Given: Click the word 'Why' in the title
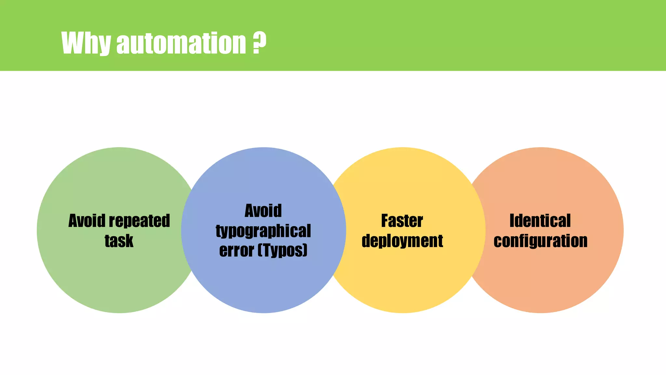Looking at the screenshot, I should (86, 43).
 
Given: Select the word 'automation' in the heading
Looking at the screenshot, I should (181, 43).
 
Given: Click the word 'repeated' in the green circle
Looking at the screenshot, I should (139, 221).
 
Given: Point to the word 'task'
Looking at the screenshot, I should (119, 241).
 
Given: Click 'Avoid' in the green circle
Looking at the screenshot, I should (87, 221).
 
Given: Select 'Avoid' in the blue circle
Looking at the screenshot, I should (263, 211).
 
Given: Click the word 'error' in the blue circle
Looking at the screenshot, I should (236, 251).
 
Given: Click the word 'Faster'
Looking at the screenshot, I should (402, 221).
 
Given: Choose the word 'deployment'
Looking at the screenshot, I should (402, 241).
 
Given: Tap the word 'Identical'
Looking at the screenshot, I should (540, 221).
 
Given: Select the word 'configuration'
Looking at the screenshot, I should (540, 241).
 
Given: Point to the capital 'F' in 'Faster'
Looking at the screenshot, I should (385, 221).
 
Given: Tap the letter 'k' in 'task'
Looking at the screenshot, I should (129, 241).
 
